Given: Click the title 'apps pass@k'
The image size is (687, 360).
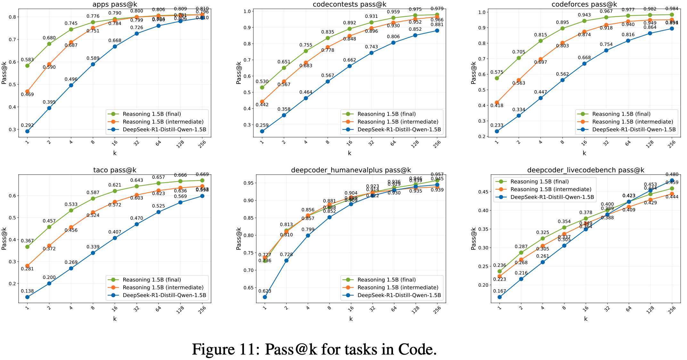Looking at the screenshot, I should (115, 4).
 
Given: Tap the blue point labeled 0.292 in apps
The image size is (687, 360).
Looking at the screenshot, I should (27, 131).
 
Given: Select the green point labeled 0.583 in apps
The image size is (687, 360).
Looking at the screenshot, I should (27, 66).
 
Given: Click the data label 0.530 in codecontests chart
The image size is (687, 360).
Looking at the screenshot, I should (262, 82).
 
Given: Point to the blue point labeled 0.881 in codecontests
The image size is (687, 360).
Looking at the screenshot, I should (437, 31).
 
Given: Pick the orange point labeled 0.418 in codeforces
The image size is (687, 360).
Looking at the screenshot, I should (497, 102).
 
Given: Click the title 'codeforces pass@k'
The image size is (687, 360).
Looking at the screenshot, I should (584, 4).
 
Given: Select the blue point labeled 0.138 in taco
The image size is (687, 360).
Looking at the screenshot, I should (27, 297).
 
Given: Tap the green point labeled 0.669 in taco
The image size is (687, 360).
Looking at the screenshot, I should (202, 180).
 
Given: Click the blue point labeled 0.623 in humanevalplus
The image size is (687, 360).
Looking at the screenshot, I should (265, 297).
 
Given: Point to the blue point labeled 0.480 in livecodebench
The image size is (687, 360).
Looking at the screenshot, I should (672, 180).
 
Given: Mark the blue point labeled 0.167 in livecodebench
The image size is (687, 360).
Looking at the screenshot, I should (500, 297).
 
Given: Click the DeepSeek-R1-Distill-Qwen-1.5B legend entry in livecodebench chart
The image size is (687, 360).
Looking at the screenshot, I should (552, 197).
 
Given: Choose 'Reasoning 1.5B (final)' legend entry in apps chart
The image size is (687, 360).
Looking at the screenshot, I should (152, 114).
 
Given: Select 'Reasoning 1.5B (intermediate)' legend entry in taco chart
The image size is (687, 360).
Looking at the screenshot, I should (163, 288).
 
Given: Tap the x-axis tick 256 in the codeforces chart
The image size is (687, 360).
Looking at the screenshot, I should (672, 144).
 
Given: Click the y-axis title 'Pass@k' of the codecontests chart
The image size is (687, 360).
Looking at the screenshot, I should (239, 73).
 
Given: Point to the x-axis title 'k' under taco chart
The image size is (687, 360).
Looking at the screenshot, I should (115, 319).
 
